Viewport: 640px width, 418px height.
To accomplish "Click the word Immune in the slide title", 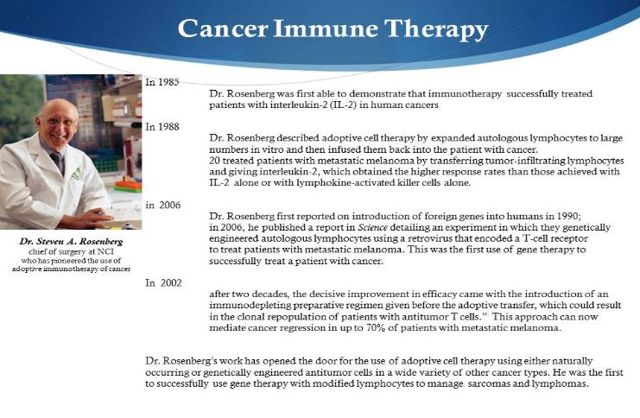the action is point(326,28).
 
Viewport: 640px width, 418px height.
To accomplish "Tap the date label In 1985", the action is point(162,82).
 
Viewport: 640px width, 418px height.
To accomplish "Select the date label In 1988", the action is point(162,127).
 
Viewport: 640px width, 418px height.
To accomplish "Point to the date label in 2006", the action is point(163,205).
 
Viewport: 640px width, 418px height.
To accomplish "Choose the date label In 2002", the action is point(163,283).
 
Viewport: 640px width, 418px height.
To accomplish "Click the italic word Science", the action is point(372,227).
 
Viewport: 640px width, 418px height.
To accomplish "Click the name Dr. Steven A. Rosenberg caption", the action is point(71,241).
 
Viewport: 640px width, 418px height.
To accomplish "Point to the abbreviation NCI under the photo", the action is point(105,251).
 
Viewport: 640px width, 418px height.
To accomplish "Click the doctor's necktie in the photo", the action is point(58,161).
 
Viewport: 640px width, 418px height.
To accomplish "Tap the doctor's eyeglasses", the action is point(60,122).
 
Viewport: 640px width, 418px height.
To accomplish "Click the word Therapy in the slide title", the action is point(436,29).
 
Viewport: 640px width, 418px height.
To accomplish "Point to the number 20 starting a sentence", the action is point(215,161).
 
